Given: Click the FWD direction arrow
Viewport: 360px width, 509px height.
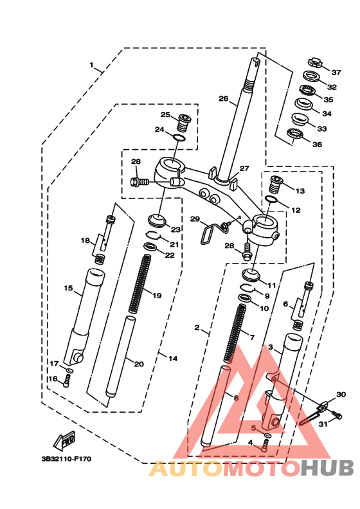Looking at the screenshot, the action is [64, 440].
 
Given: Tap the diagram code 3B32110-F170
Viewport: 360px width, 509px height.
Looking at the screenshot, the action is [66, 459].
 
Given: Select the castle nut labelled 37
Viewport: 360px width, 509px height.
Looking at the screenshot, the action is [314, 62].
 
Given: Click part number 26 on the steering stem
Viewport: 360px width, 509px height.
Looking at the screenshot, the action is [223, 98].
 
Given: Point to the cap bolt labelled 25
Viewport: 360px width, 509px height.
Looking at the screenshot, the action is [184, 123].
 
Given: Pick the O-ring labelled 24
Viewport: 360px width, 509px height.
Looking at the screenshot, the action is [179, 138].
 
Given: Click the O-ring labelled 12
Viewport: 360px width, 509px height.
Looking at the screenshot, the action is [271, 199].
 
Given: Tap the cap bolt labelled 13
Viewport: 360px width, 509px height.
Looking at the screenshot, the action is [276, 184].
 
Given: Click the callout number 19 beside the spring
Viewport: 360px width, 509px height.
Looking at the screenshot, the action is [157, 296].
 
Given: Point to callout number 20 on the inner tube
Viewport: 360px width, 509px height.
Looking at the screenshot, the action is [139, 364].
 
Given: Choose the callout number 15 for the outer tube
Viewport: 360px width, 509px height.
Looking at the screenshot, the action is [68, 289].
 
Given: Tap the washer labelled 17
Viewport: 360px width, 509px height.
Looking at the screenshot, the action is [69, 370].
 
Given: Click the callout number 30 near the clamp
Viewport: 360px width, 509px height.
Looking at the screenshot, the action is [341, 395].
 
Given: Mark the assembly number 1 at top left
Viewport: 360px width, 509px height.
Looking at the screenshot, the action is [91, 65].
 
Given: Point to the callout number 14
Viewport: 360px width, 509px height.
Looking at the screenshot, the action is [173, 359].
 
